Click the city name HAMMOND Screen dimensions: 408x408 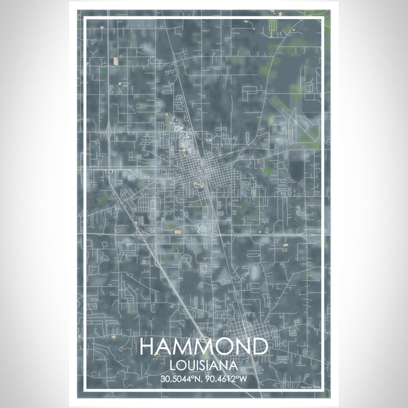tap(203, 347)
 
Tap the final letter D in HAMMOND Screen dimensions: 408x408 tap(258, 347)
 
